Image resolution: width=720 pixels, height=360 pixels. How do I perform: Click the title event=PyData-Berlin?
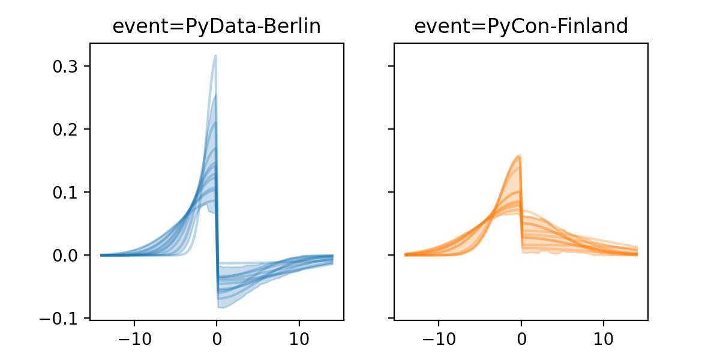point(217,27)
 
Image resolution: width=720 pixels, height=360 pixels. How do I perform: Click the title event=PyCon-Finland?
point(521,27)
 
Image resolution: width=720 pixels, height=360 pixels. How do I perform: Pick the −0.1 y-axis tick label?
point(61,318)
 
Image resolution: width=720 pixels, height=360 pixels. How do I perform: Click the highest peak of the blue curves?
point(215,56)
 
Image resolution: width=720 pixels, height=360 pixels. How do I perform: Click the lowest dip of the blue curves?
point(218,307)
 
